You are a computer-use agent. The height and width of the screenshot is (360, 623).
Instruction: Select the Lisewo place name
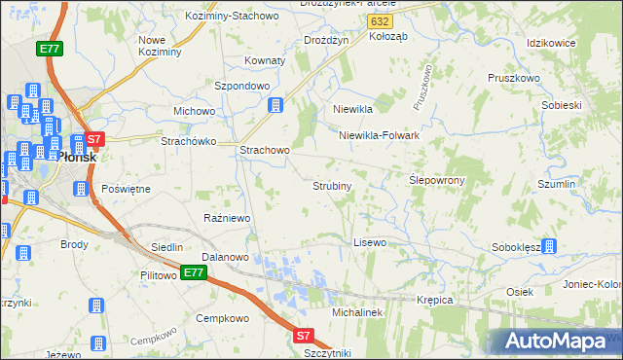[370, 241]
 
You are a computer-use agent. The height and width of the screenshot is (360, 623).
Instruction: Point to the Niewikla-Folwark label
[379, 136]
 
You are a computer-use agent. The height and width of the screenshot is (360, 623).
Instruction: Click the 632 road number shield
[382, 19]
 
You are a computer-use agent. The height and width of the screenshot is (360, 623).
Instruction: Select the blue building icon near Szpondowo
[275, 104]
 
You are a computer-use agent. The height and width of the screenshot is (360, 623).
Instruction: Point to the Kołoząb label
[387, 36]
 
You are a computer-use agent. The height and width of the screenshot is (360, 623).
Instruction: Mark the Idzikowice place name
[551, 44]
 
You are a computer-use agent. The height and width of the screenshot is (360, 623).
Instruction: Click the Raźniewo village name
[227, 218]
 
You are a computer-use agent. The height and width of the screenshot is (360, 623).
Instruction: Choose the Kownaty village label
[265, 60]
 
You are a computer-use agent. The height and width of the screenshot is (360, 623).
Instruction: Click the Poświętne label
[126, 188]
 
